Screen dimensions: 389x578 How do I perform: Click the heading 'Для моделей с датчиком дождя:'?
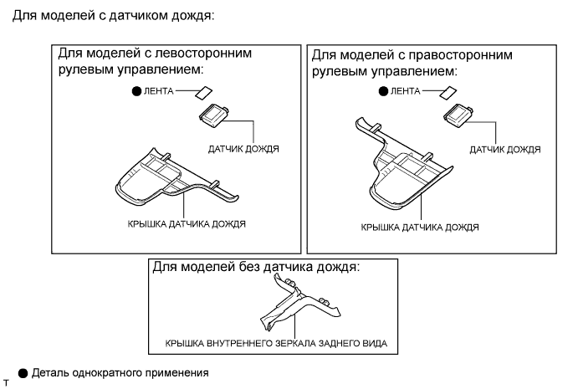109,15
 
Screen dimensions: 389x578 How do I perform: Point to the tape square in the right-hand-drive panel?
450,92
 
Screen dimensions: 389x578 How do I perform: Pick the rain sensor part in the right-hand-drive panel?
461,113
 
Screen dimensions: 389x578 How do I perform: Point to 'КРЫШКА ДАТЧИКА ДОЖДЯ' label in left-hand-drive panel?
187,224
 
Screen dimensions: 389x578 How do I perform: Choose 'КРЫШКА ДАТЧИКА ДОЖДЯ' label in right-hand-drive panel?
420,227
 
